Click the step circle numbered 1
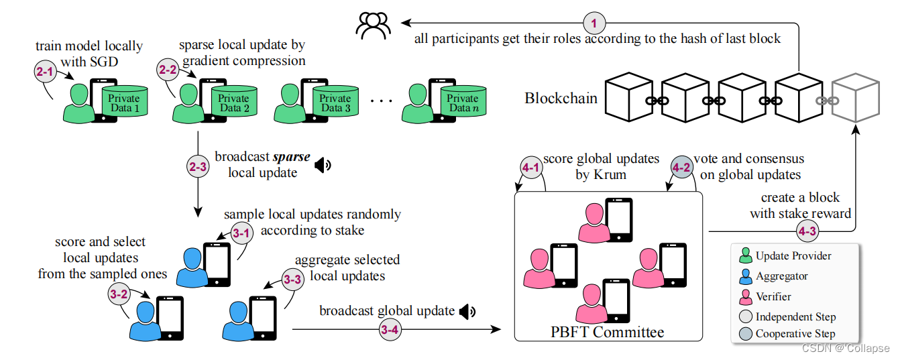[x=594, y=24]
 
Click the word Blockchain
[x=561, y=99]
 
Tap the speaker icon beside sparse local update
[x=323, y=165]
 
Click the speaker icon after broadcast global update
[x=467, y=311]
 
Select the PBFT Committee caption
[x=606, y=332]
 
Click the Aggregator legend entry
[x=781, y=276]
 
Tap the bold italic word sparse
[x=292, y=158]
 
